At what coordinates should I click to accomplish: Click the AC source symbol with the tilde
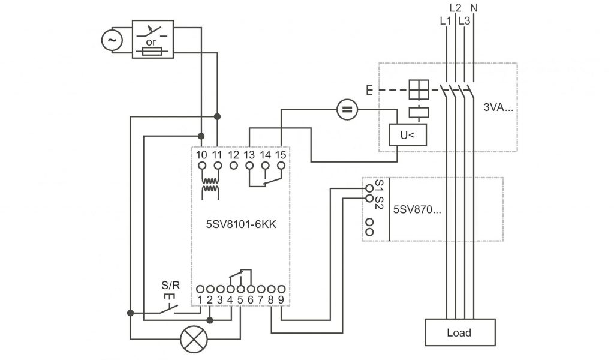coord(112,40)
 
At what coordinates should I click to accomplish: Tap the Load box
coord(459,332)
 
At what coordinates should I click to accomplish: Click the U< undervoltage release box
coord(407,136)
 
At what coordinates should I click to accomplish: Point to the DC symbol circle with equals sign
coord(346,109)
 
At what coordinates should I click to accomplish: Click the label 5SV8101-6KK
coord(240,226)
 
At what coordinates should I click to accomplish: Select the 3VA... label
coord(499,109)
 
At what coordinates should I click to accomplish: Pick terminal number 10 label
coord(201,155)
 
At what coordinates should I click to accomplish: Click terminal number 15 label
coord(281,155)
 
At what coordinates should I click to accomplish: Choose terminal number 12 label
coord(234,155)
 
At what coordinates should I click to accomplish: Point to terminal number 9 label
coord(281,299)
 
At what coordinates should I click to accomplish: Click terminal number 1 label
coord(200,299)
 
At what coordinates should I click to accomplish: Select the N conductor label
coord(474,8)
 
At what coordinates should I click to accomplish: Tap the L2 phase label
coord(455,8)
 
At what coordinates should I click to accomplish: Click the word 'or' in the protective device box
coord(151,43)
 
